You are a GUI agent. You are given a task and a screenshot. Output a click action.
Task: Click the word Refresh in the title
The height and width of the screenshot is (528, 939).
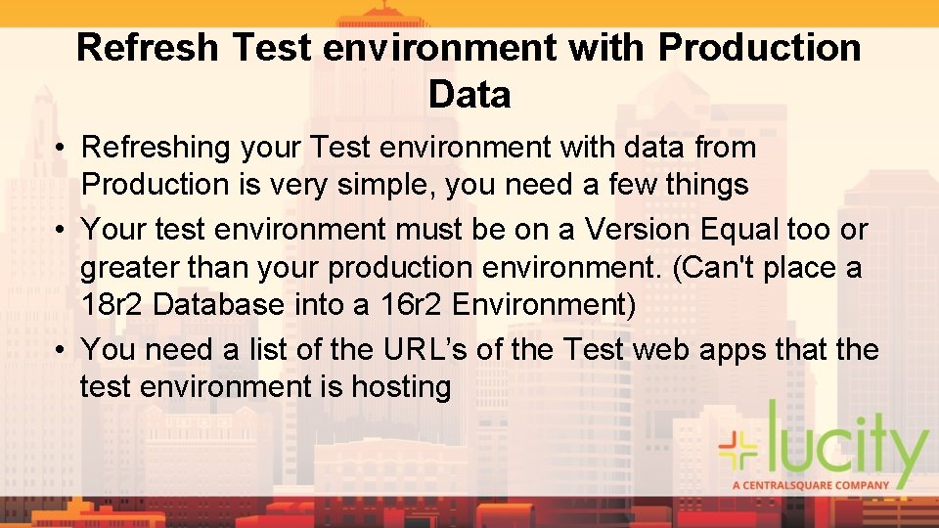147,48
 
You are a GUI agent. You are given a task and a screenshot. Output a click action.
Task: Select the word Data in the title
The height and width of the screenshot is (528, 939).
469,95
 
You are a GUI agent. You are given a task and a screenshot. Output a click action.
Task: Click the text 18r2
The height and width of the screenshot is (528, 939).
112,304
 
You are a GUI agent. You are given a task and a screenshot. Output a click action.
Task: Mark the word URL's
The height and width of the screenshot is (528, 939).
422,349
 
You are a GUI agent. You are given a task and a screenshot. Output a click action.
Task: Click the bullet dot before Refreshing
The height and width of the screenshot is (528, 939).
60,149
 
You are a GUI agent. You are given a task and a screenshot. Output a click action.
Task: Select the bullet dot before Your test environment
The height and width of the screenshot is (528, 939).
60,231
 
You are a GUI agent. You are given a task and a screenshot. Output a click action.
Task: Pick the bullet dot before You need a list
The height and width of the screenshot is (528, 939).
60,350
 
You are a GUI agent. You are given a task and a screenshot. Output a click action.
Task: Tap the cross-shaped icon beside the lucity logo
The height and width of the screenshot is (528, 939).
739,447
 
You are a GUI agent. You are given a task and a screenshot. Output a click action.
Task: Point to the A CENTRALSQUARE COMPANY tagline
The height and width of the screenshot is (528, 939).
811,484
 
